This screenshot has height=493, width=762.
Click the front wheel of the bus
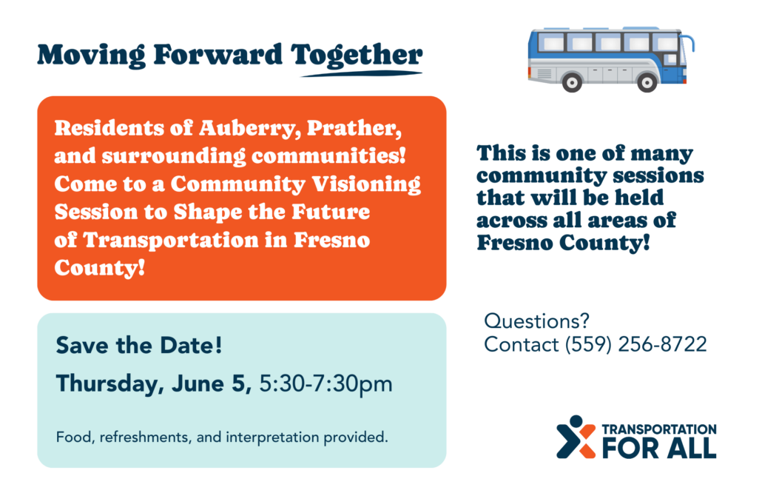pyautogui.click(x=647, y=83)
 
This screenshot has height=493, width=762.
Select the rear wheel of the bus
pyautogui.click(x=572, y=83)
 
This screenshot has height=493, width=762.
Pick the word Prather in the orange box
pyautogui.click(x=354, y=128)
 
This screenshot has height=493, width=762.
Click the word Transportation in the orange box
pyautogui.click(x=171, y=241)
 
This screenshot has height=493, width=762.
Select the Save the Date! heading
pyautogui.click(x=139, y=346)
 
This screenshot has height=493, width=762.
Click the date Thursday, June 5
pyautogui.click(x=154, y=384)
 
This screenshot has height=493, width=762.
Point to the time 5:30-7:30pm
pyautogui.click(x=326, y=384)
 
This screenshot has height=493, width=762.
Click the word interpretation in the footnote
pyautogui.click(x=273, y=437)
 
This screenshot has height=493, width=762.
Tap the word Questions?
pyautogui.click(x=536, y=321)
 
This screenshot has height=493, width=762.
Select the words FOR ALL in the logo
pyautogui.click(x=659, y=448)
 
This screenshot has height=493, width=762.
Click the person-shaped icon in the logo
pyautogui.click(x=576, y=437)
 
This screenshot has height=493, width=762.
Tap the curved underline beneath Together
pyautogui.click(x=362, y=74)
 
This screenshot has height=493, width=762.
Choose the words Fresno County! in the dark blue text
pyautogui.click(x=563, y=243)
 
